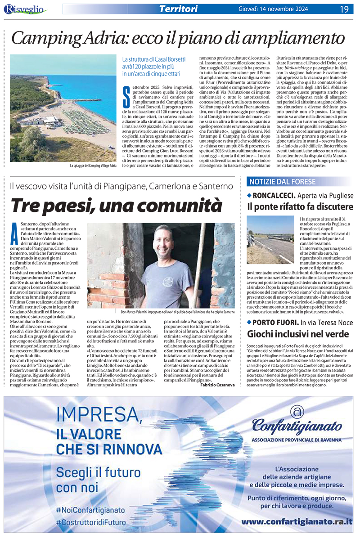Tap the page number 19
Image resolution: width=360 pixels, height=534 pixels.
tap(344, 9)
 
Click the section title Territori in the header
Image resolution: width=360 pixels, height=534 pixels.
tap(178, 9)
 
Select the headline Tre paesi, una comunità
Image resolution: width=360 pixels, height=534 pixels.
tap(117, 205)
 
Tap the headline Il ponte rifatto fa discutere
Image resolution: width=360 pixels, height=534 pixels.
tap(300, 207)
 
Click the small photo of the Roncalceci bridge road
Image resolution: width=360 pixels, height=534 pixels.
tap(270, 240)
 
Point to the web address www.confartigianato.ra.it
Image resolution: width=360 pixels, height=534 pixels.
tap(297, 521)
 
